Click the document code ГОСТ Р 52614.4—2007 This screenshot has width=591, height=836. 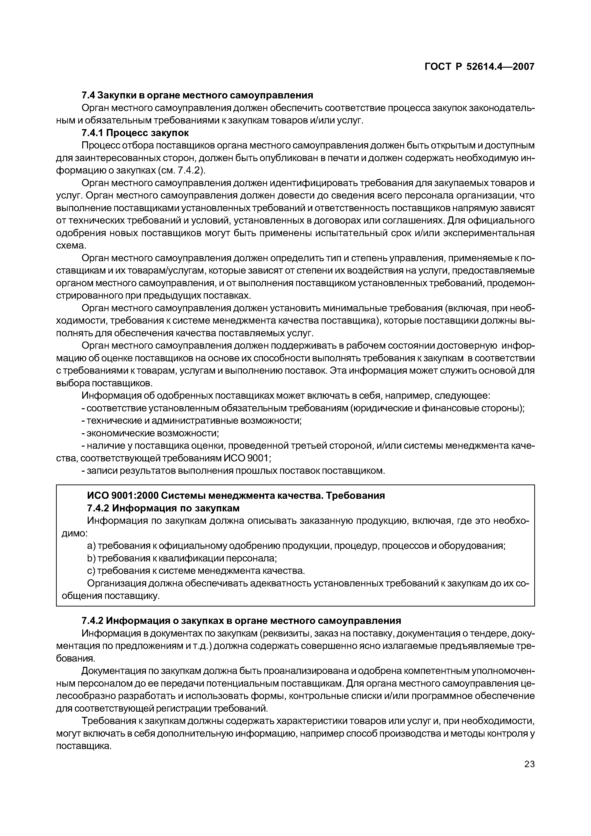[480, 67]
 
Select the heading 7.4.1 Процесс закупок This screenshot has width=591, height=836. [135, 133]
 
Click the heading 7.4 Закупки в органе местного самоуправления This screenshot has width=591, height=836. [197, 95]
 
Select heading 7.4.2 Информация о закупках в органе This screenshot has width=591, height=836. [241, 620]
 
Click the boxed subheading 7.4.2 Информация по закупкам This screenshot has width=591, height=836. [163, 508]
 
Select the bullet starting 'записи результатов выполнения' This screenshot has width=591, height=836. [233, 471]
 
